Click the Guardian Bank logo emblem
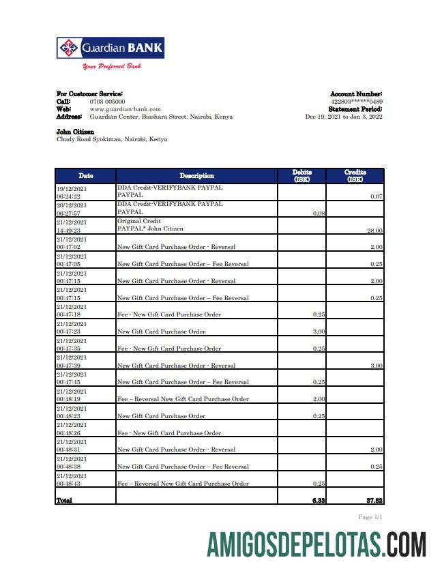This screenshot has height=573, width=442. pos(68,48)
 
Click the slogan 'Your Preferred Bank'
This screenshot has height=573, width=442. pos(111,67)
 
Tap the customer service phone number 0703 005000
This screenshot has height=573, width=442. pos(107,102)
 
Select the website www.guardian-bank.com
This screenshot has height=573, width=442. pos(125,109)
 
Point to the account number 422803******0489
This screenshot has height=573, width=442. pos(356,102)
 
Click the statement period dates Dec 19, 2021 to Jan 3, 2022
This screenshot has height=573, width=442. pos(343,117)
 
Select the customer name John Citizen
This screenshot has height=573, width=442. pos(75,132)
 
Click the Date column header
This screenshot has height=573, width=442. pos(85,176)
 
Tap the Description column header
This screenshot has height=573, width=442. pos(196,176)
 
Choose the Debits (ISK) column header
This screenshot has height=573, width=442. pos(303,176)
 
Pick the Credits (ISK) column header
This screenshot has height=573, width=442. pos(355,176)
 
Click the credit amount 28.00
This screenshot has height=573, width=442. pos(374,231)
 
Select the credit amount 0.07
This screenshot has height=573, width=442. pos(376,196)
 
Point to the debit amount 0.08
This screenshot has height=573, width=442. pos(319,214)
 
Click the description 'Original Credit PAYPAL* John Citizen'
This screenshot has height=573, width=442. pos(151,225)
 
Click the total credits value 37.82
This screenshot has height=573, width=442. pos(373,500)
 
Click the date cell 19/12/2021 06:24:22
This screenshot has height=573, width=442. pos(72,192)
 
